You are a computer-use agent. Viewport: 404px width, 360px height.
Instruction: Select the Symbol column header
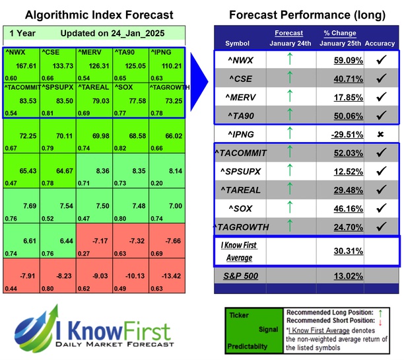238,43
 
